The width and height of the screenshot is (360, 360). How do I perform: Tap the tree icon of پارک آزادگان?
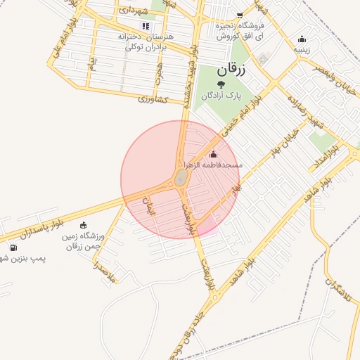(221, 84)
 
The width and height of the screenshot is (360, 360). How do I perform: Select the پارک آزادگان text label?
(221, 95)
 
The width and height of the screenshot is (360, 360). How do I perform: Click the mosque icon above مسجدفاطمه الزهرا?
(214, 155)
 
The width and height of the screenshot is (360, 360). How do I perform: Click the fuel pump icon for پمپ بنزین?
(13, 248)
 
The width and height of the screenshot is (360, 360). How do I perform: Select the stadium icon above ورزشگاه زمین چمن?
(84, 226)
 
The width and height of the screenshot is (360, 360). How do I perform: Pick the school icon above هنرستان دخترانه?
(146, 25)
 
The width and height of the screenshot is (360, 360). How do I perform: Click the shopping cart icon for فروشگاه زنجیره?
(240, 15)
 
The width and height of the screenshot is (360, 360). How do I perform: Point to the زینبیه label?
(302, 50)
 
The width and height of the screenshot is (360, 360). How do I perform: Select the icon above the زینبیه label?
(302, 39)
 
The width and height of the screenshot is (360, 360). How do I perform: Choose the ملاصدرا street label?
(105, 273)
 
